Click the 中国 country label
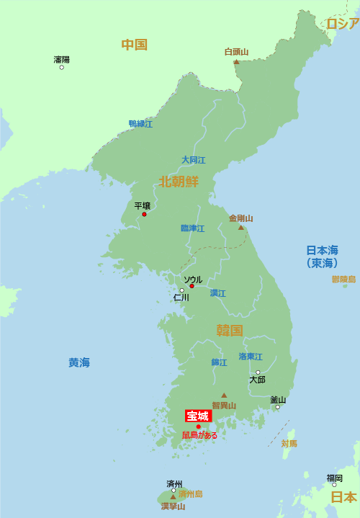pos(134,45)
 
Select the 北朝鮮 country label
pos(179,182)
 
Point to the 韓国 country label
pos(230,331)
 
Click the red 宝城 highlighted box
pos(197,416)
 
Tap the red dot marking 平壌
pos(144,214)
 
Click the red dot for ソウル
pos(192,286)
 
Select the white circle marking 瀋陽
pos(62,68)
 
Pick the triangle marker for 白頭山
pos(236,62)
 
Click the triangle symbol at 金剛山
pos(241,228)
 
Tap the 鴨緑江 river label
pos(140,124)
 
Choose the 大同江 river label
pos(193,160)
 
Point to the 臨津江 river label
pos(192,228)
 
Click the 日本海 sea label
pos(322,251)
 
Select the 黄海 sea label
pos(79,363)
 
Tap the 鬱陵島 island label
pos(343,279)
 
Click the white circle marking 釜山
pos(277,407)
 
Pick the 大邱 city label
pos(257,380)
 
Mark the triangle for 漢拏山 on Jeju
pos(173,496)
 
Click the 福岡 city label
pos(334,478)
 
